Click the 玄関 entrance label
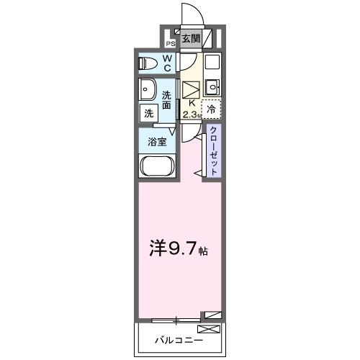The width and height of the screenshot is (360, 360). point(190,39)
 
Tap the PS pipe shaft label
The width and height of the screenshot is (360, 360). point(171,42)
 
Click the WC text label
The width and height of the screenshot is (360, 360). point(166,63)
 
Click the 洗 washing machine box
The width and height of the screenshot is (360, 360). point(149,113)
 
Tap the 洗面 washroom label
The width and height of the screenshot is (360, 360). point(167,100)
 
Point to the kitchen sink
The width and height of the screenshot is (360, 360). point(211,89)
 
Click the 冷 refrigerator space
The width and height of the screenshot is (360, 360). point(211,109)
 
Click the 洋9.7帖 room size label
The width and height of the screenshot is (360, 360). point(179,251)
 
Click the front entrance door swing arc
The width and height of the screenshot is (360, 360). point(189,14)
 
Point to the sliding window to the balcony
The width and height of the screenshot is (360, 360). point(176,318)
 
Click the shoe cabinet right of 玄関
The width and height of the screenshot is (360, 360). point(208,38)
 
